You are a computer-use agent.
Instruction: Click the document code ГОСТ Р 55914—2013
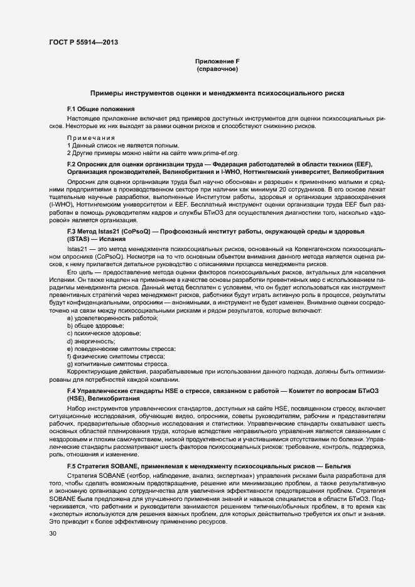pos(84,43)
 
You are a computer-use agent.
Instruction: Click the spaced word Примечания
pos(91,137)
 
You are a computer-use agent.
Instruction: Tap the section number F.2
pos(72,164)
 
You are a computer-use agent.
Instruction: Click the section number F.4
pos(72,391)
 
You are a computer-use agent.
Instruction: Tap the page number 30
pos(53,533)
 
